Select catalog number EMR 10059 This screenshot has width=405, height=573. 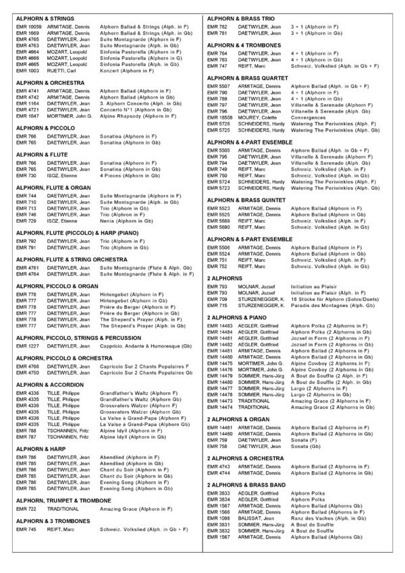28,27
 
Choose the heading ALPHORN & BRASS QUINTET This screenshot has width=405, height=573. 250,201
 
